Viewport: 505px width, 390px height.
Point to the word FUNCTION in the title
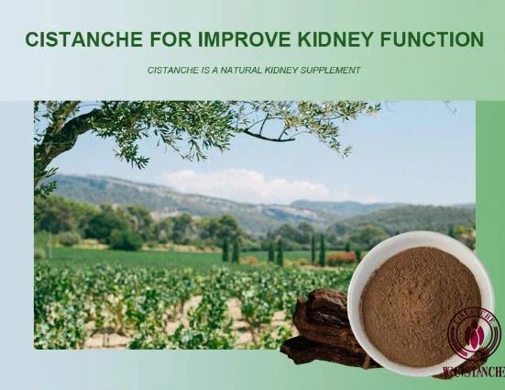[430, 39]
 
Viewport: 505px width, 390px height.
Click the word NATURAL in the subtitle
[249, 70]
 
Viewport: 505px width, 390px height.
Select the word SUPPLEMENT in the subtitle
[332, 70]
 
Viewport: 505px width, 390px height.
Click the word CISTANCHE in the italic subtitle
[170, 70]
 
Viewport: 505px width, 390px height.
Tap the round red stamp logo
[474, 336]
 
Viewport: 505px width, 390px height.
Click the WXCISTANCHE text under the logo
[473, 372]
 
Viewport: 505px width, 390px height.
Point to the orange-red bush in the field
[340, 258]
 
